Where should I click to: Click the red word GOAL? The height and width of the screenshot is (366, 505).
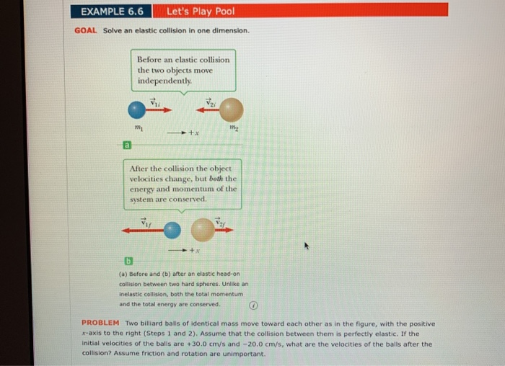click(x=85, y=31)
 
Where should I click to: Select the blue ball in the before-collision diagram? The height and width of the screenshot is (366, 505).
click(x=136, y=110)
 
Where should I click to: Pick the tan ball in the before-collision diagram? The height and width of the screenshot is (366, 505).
click(x=231, y=110)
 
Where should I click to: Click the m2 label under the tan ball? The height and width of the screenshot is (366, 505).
click(x=232, y=129)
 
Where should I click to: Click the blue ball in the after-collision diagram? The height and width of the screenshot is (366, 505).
click(x=171, y=230)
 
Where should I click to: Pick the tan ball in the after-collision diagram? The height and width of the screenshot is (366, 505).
click(x=203, y=230)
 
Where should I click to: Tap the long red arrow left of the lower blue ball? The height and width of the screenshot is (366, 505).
click(x=141, y=230)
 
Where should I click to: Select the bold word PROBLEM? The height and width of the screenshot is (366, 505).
click(x=100, y=323)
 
